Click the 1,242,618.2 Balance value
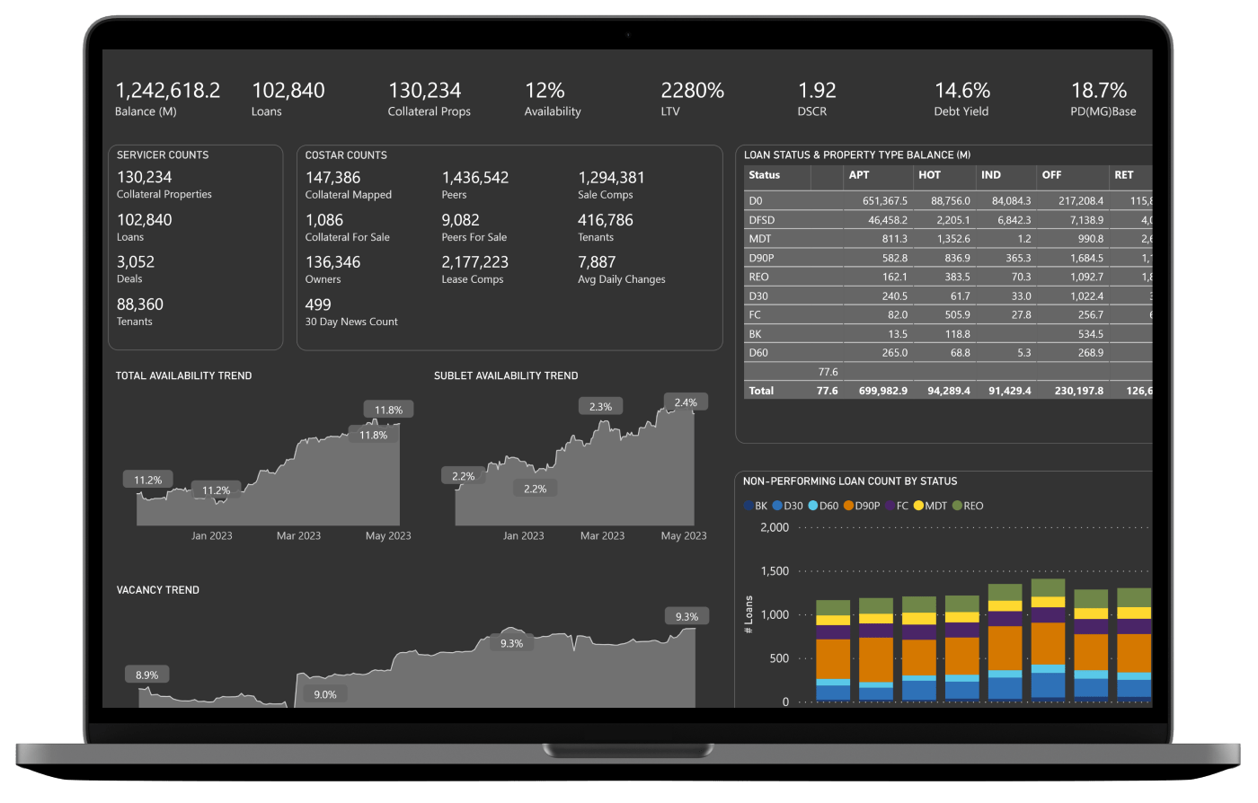pyautogui.click(x=167, y=91)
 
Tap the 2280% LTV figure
pyautogui.click(x=692, y=91)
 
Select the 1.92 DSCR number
pyautogui.click(x=817, y=91)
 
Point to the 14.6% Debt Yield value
pyautogui.click(x=961, y=91)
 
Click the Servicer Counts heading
pyautogui.click(x=163, y=154)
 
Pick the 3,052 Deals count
pyautogui.click(x=136, y=262)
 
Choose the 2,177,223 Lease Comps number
pyautogui.click(x=474, y=262)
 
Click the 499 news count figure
pyautogui.click(x=318, y=304)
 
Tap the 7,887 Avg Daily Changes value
pyautogui.click(x=597, y=262)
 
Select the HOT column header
pyautogui.click(x=929, y=175)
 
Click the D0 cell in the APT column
pyautogui.click(x=884, y=201)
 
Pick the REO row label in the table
pyautogui.click(x=758, y=278)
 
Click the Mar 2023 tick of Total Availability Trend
pyautogui.click(x=298, y=536)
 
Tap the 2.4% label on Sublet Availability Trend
pyautogui.click(x=686, y=402)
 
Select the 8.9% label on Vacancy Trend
pyautogui.click(x=146, y=675)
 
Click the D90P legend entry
pyautogui.click(x=862, y=506)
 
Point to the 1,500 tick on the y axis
pyautogui.click(x=775, y=571)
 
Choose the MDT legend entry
pyautogui.click(x=930, y=506)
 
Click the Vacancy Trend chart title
pyautogui.click(x=158, y=590)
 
